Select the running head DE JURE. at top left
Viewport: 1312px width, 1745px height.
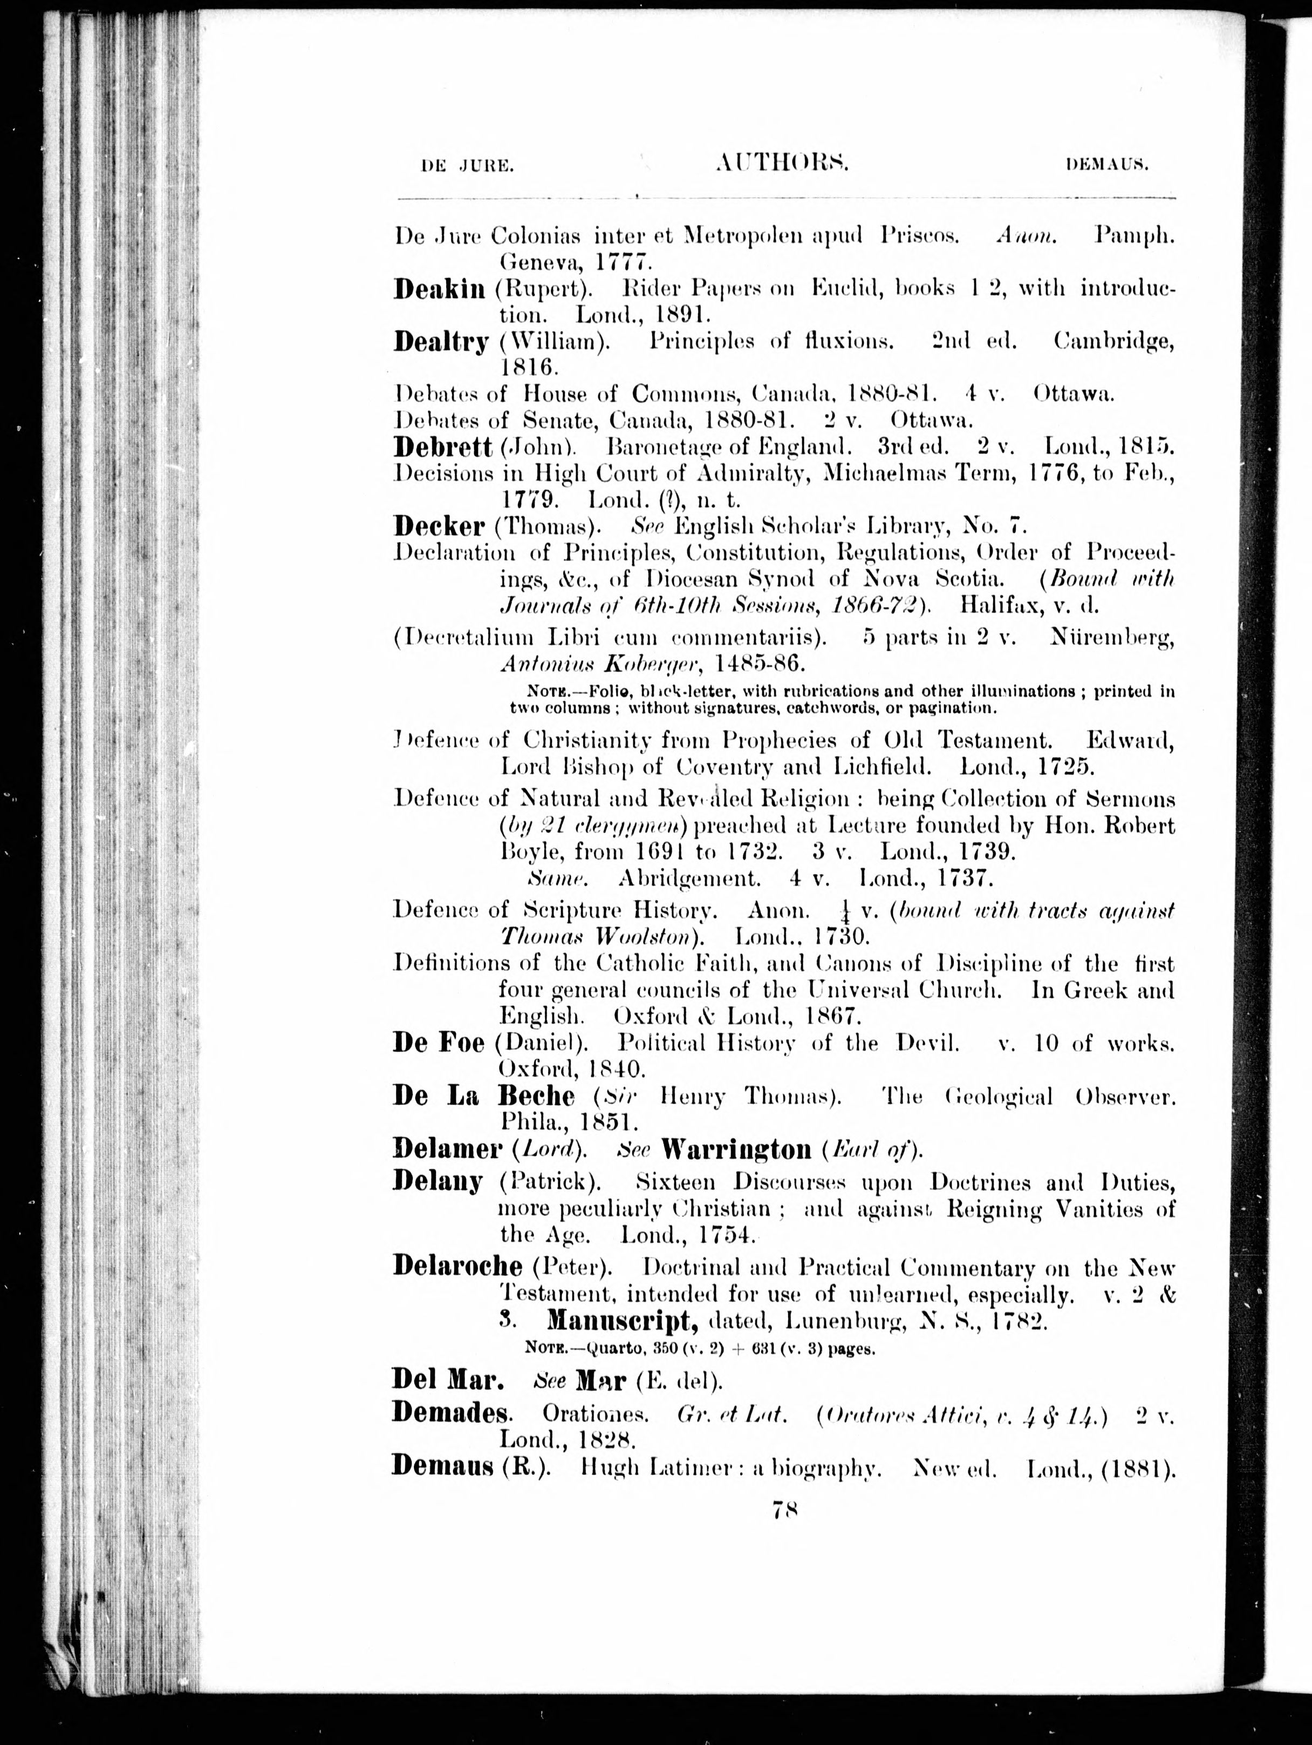point(468,166)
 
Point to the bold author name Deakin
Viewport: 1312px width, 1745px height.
point(439,289)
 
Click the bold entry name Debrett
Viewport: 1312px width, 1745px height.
point(442,447)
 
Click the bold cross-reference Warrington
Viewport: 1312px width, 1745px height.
point(736,1150)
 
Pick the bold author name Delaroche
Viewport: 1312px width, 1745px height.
point(457,1267)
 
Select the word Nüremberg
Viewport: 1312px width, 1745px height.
point(1112,638)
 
